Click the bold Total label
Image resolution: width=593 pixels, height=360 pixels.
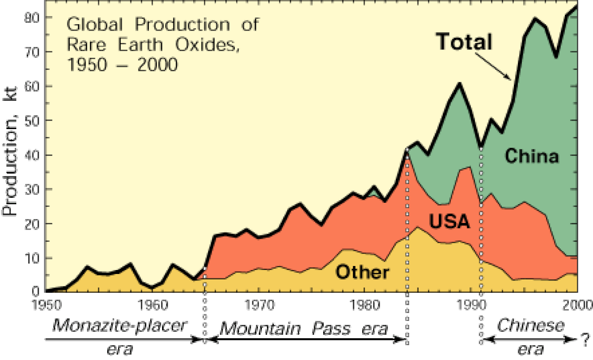coord(464,42)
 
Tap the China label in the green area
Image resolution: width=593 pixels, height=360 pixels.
coord(532,156)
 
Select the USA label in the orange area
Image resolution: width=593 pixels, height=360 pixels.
coord(450,221)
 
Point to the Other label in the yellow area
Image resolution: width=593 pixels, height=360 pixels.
coord(362,272)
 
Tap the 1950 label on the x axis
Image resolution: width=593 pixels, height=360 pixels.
coord(47,305)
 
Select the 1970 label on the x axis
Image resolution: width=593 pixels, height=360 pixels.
coord(259,305)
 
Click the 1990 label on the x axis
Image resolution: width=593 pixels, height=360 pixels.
coord(471,305)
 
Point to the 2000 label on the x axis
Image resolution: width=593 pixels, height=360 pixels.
coord(577,305)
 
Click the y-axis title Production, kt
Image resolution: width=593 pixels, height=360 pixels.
coord(9,151)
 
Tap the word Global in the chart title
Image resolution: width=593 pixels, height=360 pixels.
coord(94,25)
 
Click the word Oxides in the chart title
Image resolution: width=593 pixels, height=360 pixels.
coord(207,45)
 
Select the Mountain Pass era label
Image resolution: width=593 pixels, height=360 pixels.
coord(304,329)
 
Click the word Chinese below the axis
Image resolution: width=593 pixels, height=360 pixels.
coord(531,325)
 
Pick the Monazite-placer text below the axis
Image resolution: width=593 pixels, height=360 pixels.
coord(120,325)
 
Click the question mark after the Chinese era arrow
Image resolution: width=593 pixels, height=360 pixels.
coord(585,339)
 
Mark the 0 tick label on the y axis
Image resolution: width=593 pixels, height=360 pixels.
coord(36,292)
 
